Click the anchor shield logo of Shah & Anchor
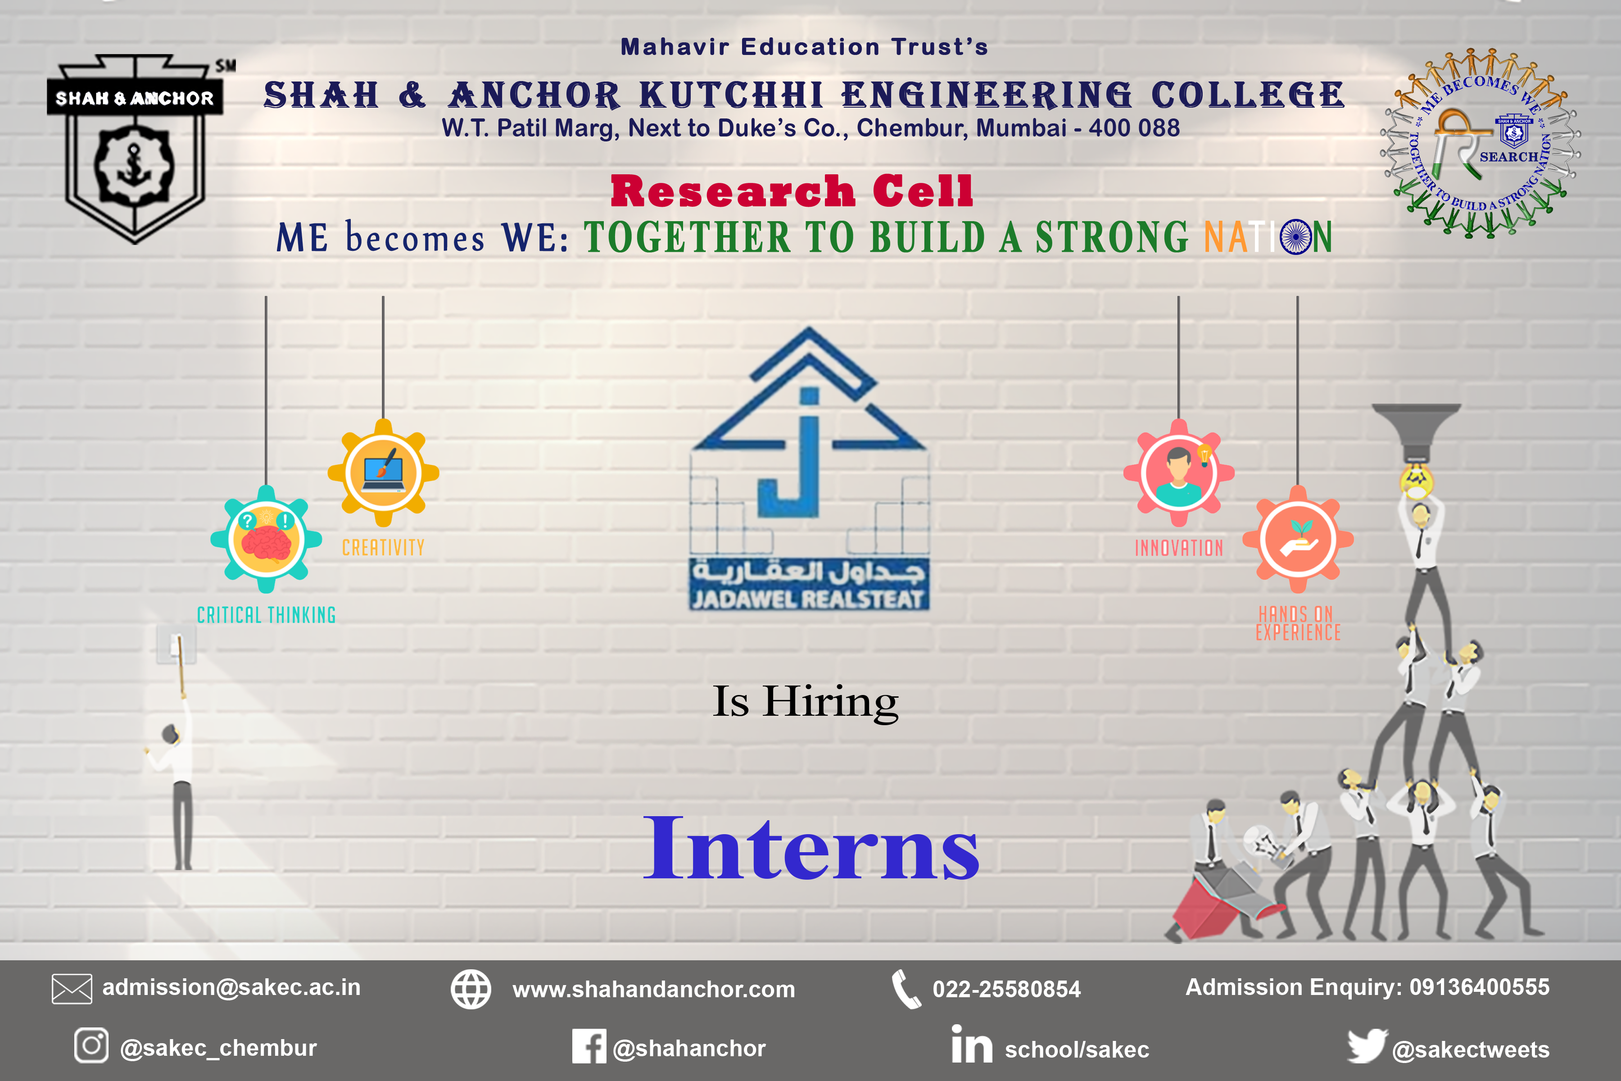tap(135, 148)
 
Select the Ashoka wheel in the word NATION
tap(1296, 237)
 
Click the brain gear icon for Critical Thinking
tap(266, 539)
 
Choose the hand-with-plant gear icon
tap(1298, 540)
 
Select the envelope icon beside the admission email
tap(72, 989)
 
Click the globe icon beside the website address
tap(471, 989)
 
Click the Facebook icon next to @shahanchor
tap(589, 1046)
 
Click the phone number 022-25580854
tap(1006, 989)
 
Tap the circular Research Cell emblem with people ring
tap(1481, 143)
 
